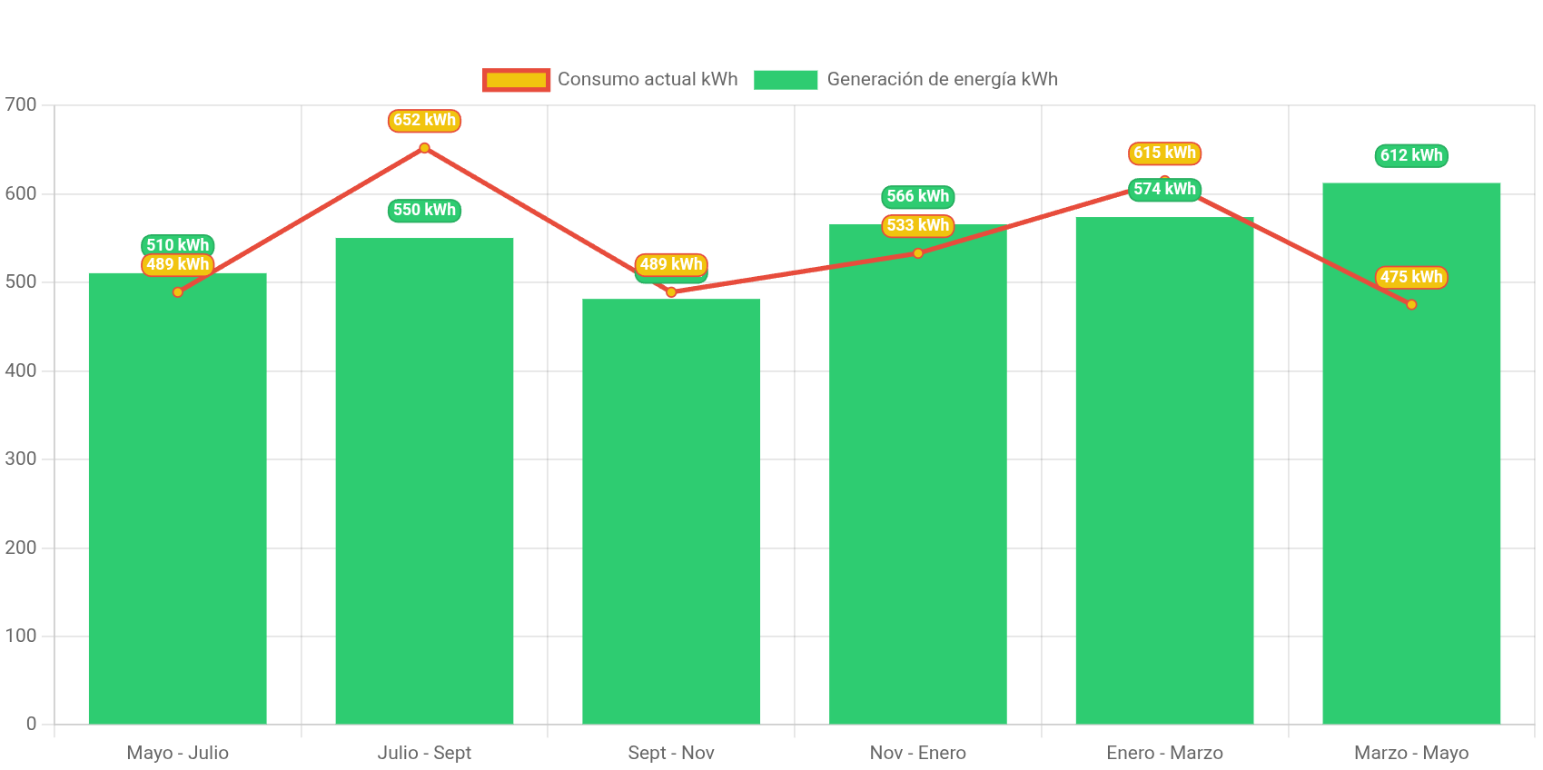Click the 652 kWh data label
click(x=424, y=120)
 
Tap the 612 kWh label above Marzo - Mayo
click(x=1411, y=155)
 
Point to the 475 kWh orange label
click(x=1411, y=277)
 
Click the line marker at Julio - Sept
click(x=424, y=147)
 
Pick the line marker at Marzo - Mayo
click(x=1411, y=304)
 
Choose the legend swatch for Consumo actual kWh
click(x=516, y=80)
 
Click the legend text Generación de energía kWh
click(x=942, y=80)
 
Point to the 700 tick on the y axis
click(x=21, y=104)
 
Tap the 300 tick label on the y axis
click(x=21, y=459)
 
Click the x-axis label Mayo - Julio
click(x=177, y=753)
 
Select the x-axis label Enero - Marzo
click(x=1164, y=753)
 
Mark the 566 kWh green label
click(x=917, y=196)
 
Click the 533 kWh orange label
click(x=917, y=225)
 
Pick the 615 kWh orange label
click(x=1164, y=153)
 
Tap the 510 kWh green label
click(x=177, y=244)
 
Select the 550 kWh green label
click(x=424, y=210)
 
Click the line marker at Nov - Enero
click(x=917, y=253)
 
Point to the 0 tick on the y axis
click(x=31, y=724)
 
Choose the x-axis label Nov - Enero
click(x=917, y=753)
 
